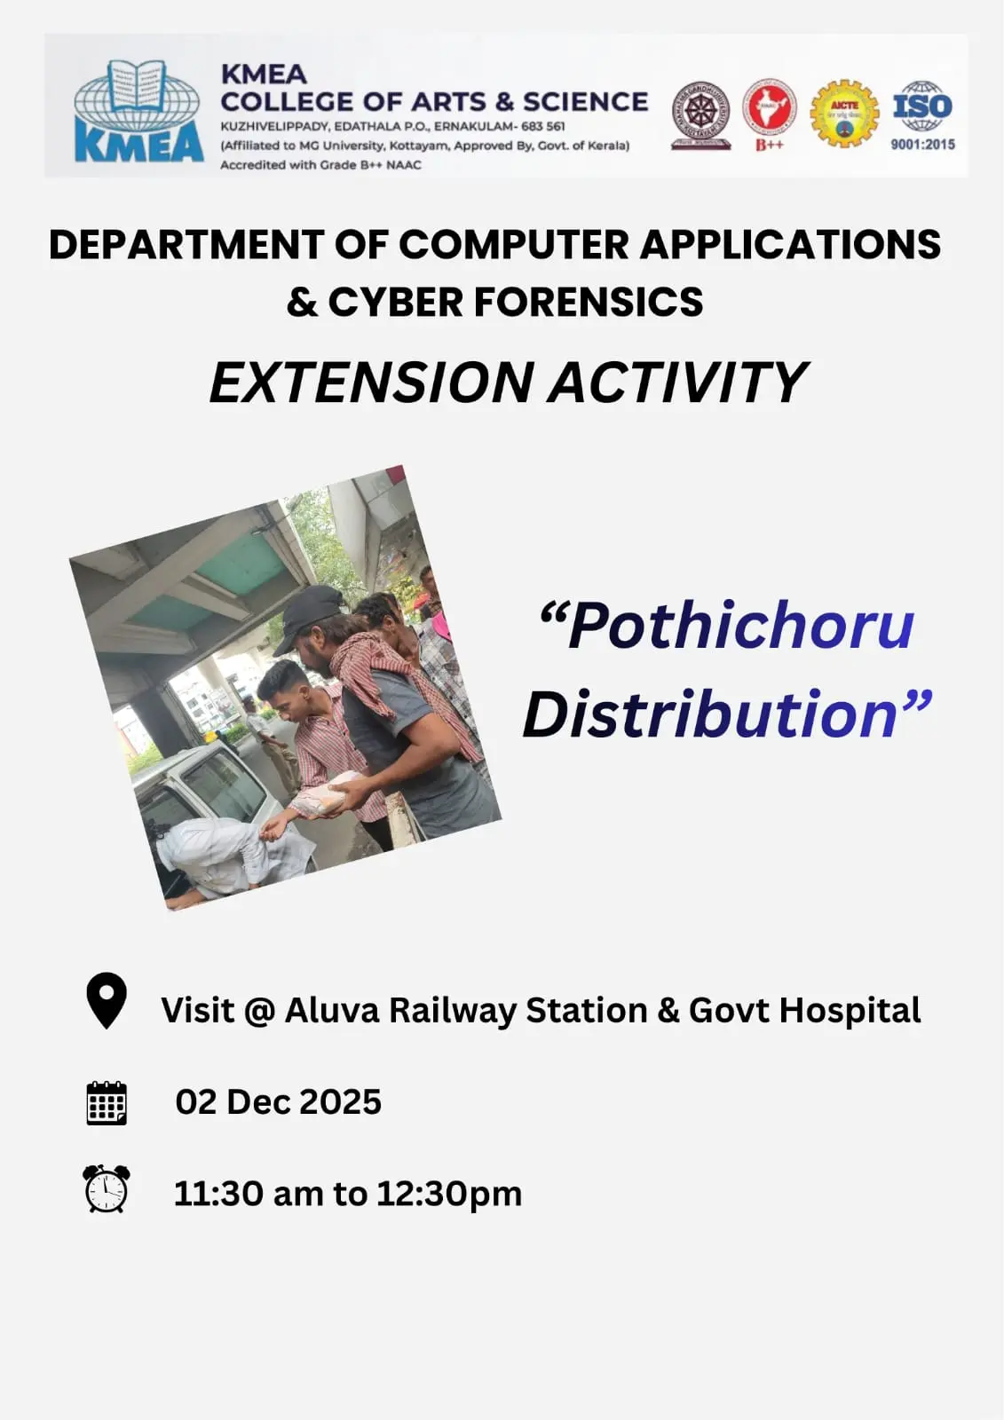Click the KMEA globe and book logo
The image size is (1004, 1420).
pos(138,111)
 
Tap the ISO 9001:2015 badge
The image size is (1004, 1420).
pos(922,114)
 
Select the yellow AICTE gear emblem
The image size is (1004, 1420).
pos(844,113)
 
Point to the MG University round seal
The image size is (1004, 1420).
pos(700,114)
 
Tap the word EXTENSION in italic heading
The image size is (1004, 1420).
pos(371,383)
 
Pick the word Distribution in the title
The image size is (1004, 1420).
pos(711,715)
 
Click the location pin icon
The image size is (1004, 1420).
pos(106,1001)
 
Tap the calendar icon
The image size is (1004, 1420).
pos(107,1103)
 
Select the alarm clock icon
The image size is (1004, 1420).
pos(107,1189)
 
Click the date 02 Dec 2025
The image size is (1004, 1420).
pos(278,1102)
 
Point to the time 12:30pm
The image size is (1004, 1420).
pos(449,1194)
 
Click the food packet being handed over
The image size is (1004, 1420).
pos(326,794)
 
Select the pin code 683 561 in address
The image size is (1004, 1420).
pos(542,126)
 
